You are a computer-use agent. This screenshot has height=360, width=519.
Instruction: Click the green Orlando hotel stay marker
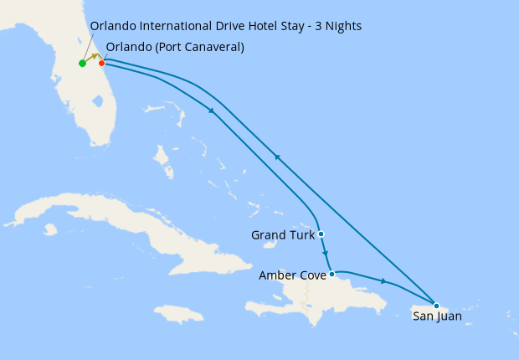point(82,64)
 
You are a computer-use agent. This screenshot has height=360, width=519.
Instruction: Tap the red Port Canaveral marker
point(101,63)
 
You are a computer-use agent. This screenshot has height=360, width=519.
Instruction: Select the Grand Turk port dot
point(321,234)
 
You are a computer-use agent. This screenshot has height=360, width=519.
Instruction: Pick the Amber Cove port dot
point(332,274)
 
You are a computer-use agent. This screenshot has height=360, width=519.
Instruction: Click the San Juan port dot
point(436,305)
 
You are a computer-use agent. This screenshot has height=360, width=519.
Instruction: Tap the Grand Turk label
point(282,235)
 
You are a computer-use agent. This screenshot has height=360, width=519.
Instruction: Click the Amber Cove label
point(292,275)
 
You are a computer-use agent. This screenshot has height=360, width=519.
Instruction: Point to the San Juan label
point(437,316)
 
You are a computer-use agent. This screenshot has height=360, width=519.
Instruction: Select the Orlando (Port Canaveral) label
point(175,47)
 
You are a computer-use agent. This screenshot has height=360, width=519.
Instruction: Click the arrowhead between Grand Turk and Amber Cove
point(326,255)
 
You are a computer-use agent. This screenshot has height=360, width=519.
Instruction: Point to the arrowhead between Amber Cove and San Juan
point(383,281)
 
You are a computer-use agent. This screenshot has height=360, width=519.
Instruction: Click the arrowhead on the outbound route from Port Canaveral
point(212,111)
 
